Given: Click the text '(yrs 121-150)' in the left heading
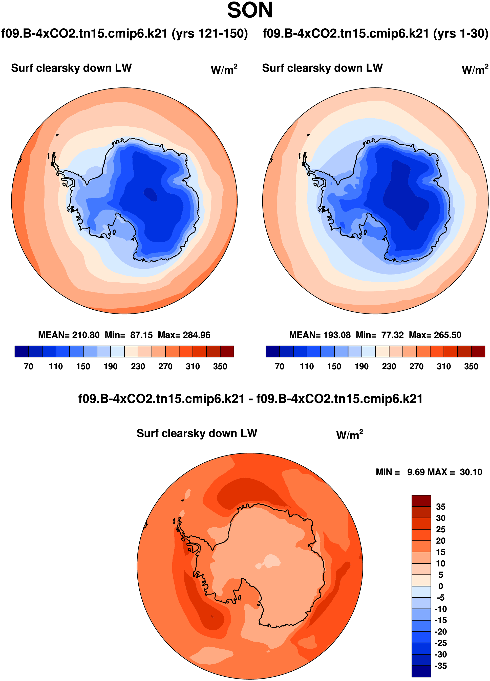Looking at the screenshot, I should click(x=210, y=33).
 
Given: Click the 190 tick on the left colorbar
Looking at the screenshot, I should click(x=110, y=366).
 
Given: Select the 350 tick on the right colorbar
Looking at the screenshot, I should click(x=471, y=366).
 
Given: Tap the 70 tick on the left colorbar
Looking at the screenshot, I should click(x=29, y=366).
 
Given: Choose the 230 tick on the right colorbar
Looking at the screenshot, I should click(x=389, y=366).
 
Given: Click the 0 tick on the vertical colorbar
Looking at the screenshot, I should click(x=440, y=586).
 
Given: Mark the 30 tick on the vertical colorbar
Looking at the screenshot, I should click(x=440, y=518).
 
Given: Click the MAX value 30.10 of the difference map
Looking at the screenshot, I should click(x=471, y=472).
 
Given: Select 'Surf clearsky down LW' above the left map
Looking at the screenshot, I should click(x=72, y=68).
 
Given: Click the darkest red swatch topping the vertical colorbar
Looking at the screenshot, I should click(x=421, y=501).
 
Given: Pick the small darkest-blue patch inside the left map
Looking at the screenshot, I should click(x=151, y=194).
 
